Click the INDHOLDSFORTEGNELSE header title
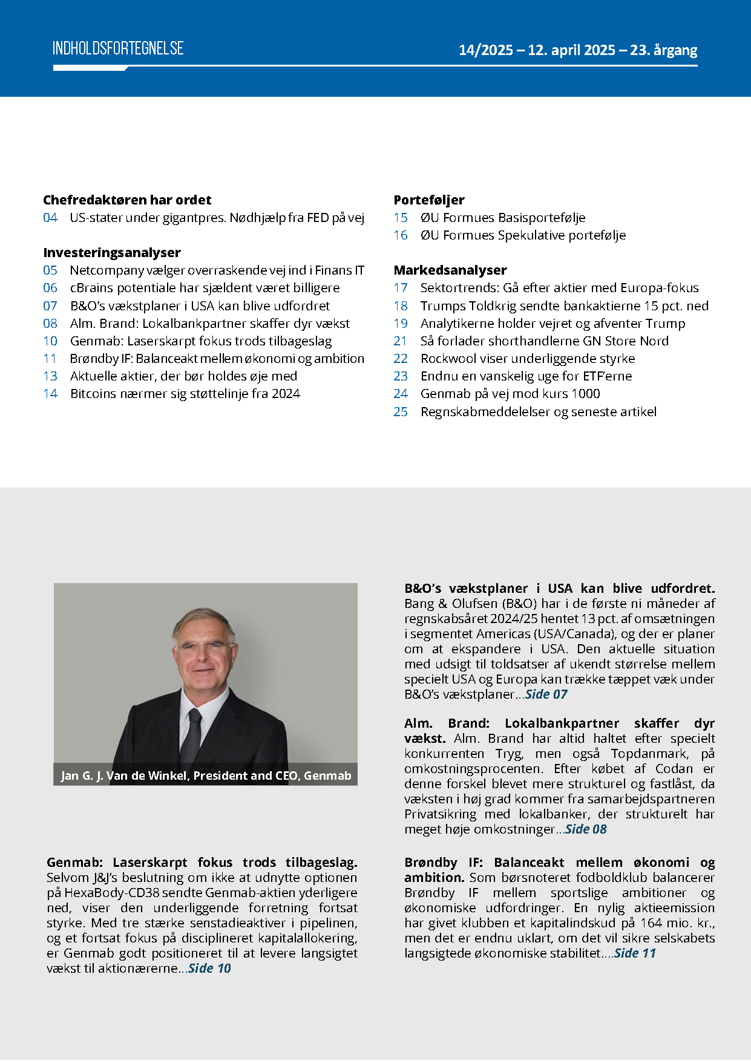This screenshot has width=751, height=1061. [x=118, y=48]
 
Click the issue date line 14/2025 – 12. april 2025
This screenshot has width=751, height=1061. [x=577, y=50]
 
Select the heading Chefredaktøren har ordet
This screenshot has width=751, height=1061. [x=127, y=200]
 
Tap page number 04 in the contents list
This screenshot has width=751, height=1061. [x=50, y=218]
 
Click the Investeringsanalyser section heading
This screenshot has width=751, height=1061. [x=112, y=253]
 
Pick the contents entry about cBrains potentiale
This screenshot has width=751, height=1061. [x=205, y=288]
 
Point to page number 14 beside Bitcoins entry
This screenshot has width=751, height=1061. [x=50, y=394]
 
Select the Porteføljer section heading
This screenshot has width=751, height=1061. [x=429, y=200]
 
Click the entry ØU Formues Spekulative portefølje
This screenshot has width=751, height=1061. [x=523, y=235]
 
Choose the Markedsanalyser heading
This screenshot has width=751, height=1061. [x=450, y=270]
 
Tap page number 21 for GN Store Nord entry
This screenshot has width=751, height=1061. [x=401, y=341]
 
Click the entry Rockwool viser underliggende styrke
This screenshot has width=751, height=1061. [x=528, y=359]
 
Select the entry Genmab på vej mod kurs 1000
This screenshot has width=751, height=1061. [x=510, y=394]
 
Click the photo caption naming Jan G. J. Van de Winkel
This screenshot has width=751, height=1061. [x=206, y=775]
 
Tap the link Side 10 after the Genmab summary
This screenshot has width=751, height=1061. [x=209, y=968]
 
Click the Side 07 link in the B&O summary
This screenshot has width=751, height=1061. [x=546, y=694]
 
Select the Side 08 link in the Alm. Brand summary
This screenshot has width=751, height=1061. [x=586, y=829]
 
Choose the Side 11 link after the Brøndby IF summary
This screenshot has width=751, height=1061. [x=635, y=953]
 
